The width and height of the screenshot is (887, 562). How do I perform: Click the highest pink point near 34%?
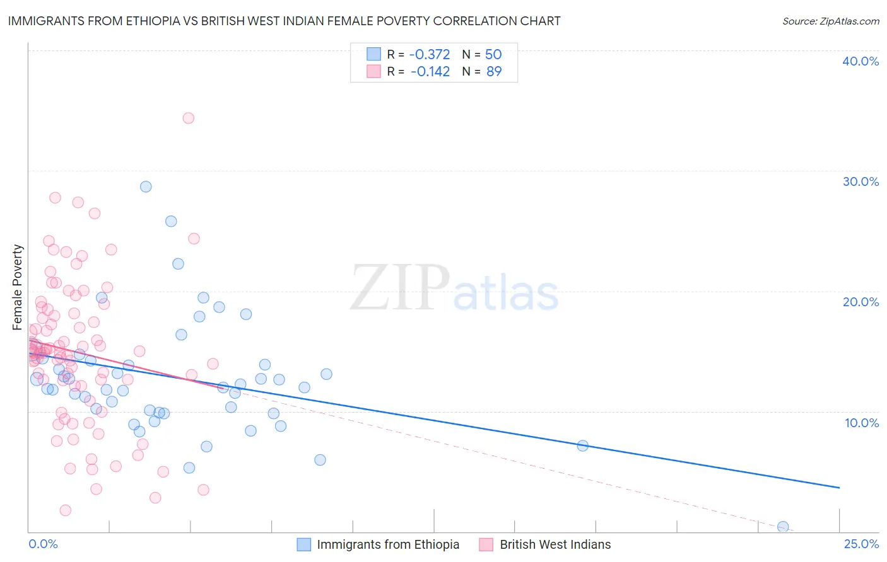[188, 118]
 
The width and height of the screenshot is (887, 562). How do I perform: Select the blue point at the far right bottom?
[783, 527]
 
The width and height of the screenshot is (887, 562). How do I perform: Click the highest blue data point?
[146, 186]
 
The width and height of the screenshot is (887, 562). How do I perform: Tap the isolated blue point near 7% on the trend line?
[582, 445]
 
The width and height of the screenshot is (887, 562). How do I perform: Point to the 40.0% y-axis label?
[861, 61]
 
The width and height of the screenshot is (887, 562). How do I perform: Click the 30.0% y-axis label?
[861, 181]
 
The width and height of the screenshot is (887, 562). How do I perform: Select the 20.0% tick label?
[861, 302]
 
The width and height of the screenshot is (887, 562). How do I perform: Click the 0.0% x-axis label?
[43, 544]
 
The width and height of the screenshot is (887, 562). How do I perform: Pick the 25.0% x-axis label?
[861, 544]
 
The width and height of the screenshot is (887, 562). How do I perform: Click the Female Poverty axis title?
[18, 287]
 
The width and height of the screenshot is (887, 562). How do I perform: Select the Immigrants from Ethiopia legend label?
[388, 544]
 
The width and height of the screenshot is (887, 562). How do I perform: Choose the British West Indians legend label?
[555, 544]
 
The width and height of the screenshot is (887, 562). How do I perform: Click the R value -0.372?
[430, 55]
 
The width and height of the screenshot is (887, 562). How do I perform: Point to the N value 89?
[494, 72]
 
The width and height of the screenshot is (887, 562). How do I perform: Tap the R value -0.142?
[430, 72]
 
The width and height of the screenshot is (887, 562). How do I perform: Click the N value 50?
[493, 55]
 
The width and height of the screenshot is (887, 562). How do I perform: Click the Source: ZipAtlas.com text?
[830, 21]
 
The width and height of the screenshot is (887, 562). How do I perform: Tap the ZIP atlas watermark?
[454, 289]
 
